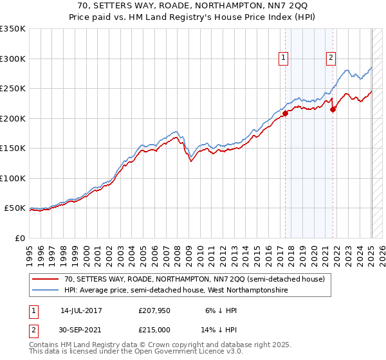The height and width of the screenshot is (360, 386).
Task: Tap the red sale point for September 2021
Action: click(x=333, y=109)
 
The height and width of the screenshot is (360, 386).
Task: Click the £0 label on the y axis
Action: click(x=19, y=238)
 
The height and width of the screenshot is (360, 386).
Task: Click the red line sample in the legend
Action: click(x=46, y=279)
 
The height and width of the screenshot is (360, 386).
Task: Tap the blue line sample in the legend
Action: click(x=46, y=291)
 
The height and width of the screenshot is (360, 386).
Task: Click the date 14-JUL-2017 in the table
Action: click(x=81, y=310)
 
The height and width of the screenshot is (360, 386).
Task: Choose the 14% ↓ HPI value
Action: click(x=214, y=328)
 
